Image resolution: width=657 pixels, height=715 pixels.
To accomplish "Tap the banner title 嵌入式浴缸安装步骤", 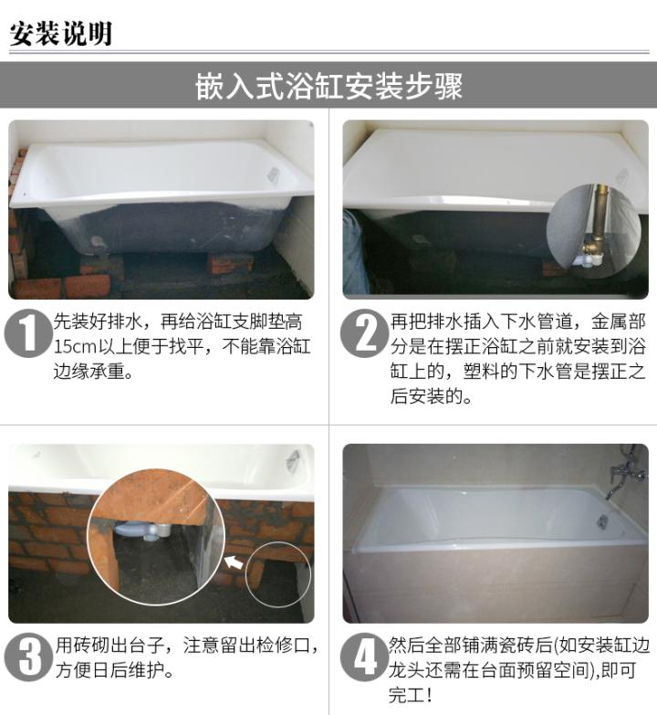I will coord(328,87).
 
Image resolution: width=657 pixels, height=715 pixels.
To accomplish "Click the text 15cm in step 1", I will coord(70,348).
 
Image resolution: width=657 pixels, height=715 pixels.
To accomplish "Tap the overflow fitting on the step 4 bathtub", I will coord(602,520).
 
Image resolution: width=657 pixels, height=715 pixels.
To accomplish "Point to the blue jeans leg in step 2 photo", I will coord(354,251).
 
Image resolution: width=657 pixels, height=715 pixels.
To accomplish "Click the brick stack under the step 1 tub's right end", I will coord(230,264).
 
